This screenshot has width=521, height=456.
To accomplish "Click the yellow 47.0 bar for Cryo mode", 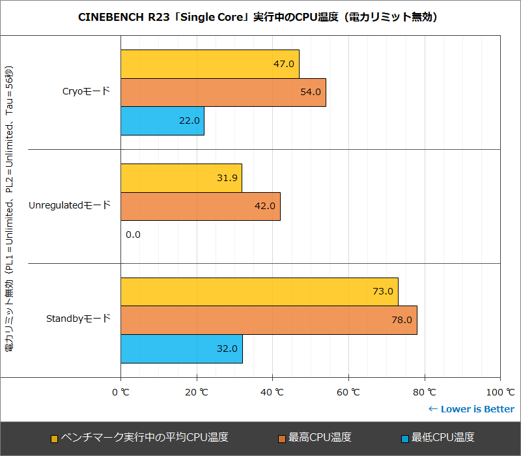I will tap(210, 64).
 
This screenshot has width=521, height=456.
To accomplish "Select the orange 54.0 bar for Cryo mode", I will tap(223, 93).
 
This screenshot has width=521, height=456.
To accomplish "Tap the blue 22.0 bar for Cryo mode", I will tap(162, 121).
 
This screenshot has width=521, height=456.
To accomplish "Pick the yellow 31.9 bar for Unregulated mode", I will tap(181, 178).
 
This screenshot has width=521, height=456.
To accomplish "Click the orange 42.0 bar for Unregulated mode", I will tap(200, 207).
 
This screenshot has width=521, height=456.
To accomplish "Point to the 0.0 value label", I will tap(133, 235).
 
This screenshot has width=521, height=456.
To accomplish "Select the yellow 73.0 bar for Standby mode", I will tap(259, 292).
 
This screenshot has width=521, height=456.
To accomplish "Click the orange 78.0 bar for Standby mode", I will tap(268, 321).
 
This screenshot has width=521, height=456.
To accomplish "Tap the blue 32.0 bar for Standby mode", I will tap(181, 349).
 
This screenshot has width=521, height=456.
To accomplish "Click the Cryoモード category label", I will tap(86, 92).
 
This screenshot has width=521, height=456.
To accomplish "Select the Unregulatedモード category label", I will tap(70, 206).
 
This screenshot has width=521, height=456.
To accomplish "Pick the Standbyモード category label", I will tap(78, 319).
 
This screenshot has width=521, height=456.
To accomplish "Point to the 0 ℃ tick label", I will tap(120, 392).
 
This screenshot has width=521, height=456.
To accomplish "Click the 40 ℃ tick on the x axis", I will tap(272, 392).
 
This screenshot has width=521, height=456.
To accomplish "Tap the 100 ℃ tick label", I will tap(500, 392).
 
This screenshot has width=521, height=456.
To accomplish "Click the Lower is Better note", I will tap(471, 409).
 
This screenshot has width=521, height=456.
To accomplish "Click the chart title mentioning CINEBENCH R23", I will tap(260, 17).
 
